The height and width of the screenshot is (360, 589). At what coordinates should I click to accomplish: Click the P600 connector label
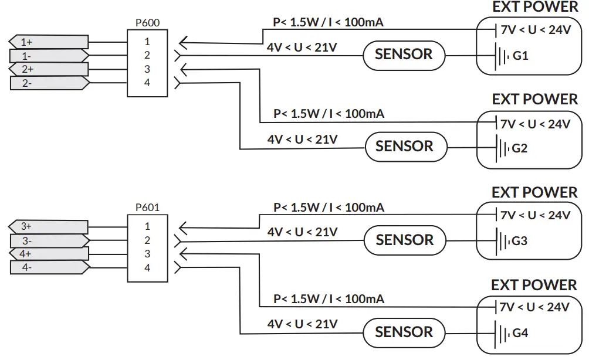tap(147, 23)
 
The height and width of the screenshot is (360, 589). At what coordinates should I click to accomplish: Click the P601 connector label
tap(147, 207)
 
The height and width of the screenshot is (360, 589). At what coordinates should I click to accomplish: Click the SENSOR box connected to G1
tap(404, 55)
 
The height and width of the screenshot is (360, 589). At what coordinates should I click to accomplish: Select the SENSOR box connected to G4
tap(404, 332)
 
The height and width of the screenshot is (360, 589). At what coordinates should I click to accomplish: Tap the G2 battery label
tap(520, 148)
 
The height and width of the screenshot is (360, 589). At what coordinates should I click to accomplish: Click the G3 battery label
tap(520, 241)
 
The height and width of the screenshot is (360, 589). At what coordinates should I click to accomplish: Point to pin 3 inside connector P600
tap(147, 69)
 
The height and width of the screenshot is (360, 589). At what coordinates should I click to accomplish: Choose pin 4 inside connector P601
tap(147, 268)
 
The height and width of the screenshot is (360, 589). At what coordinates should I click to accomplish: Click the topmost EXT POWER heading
tap(535, 7)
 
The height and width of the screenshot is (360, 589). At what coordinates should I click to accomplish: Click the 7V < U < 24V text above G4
tap(534, 307)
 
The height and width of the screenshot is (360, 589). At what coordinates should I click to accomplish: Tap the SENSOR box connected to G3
tap(404, 240)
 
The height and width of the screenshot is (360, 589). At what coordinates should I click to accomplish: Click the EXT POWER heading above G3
tap(534, 192)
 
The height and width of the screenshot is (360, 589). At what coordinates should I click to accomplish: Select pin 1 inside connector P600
tap(147, 42)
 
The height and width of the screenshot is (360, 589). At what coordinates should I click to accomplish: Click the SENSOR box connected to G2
tap(404, 146)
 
